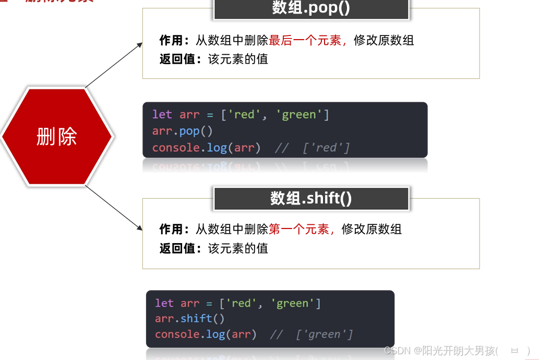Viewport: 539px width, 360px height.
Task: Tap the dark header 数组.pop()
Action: [x=311, y=9]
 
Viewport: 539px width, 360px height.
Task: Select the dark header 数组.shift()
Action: [x=311, y=198]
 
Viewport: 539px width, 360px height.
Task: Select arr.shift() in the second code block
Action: [x=190, y=318]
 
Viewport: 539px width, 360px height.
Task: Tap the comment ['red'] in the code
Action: [x=326, y=148]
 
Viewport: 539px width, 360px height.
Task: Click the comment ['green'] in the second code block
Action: [x=324, y=334]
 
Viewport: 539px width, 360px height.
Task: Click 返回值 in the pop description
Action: [x=177, y=59]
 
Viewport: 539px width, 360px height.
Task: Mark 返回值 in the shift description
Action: [x=177, y=248]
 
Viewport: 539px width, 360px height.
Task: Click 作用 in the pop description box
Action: [x=172, y=40]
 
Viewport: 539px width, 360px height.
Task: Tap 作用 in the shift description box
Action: [x=172, y=229]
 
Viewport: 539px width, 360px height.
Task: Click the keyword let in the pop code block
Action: [x=162, y=114]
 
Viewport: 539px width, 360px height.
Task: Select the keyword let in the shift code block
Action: [x=164, y=303]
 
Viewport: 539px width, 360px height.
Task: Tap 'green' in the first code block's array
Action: [x=299, y=114]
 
